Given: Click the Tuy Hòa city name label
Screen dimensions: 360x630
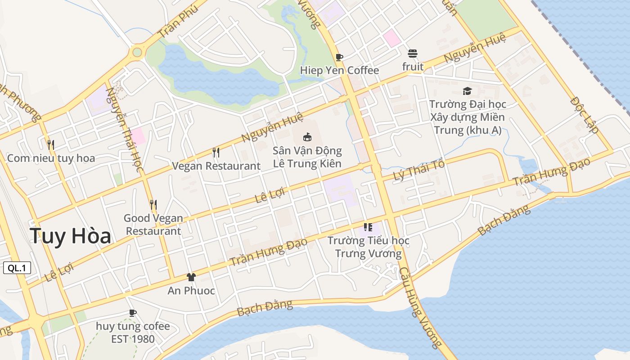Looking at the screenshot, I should click(70, 236).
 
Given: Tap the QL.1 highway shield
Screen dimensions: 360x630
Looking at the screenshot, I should click(17, 268).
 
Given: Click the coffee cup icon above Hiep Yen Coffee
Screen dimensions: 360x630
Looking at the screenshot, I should click(339, 57).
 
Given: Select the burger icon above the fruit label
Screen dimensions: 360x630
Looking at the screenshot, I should click(413, 54).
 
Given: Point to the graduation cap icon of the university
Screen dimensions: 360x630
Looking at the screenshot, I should click(467, 91).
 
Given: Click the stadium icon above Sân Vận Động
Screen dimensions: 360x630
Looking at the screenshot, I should click(307, 137).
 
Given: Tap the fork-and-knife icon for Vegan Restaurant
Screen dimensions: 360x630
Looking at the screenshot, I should click(216, 153).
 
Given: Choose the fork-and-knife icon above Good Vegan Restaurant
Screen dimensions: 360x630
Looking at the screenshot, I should click(153, 205).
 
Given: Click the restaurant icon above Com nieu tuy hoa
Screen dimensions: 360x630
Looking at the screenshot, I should click(51, 144).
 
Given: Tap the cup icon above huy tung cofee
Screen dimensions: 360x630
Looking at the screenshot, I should click(133, 312).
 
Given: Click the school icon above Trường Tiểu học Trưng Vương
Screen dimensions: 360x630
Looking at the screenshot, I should click(368, 227).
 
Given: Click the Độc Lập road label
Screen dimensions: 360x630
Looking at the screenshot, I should click(584, 115).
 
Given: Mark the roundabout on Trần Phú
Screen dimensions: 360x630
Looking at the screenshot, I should click(137, 53).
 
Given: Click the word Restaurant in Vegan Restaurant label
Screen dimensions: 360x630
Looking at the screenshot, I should click(233, 166).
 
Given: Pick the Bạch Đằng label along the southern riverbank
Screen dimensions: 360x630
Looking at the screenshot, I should click(265, 308).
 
